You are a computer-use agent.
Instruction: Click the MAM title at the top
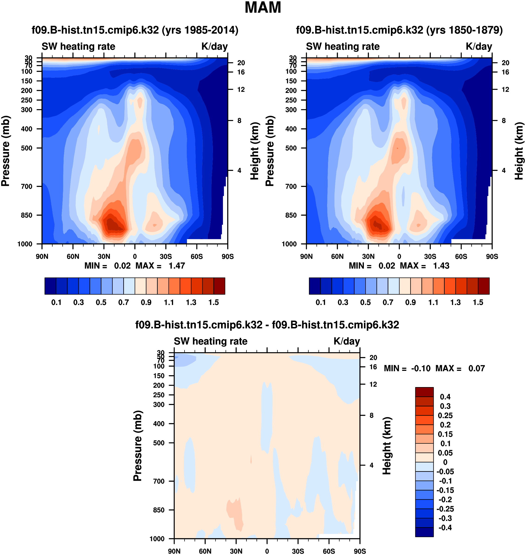(263, 7)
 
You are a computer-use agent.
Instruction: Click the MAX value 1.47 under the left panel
(177, 266)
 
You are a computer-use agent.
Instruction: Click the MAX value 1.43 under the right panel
(441, 266)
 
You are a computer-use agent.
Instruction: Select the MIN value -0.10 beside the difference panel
(420, 368)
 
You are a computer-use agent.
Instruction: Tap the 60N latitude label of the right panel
(337, 256)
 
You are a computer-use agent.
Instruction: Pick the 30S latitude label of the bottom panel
(298, 551)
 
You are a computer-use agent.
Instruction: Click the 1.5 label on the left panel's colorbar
(214, 303)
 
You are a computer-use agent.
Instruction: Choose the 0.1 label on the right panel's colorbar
(321, 303)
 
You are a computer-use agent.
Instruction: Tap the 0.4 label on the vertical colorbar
(445, 397)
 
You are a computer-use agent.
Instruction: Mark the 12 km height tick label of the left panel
(241, 90)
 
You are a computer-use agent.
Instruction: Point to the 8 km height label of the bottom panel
(372, 415)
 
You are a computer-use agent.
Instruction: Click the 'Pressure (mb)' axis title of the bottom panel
(137, 446)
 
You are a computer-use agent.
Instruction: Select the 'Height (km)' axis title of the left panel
(254, 151)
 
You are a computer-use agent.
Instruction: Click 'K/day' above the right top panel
(479, 47)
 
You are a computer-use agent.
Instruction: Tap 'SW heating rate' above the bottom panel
(211, 341)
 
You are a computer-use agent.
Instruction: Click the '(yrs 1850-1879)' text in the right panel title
(464, 30)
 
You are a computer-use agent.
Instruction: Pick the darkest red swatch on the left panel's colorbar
(219, 286)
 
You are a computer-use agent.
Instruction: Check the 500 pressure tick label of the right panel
(291, 148)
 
